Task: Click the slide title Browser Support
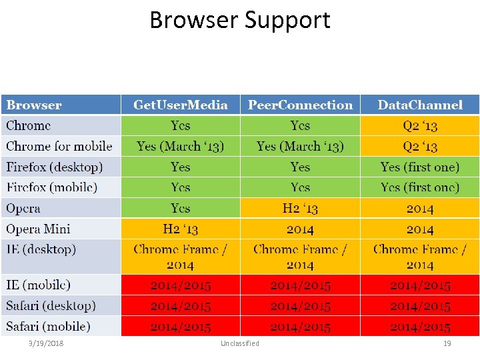[240, 20]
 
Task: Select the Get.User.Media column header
[180, 105]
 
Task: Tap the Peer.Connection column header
[300, 105]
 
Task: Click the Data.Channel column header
[420, 105]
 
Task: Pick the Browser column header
[34, 105]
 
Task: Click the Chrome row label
[29, 125]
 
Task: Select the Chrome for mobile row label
[59, 146]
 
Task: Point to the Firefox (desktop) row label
[55, 167]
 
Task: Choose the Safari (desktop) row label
[51, 306]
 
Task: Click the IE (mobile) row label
[38, 285]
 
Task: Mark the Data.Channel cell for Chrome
[420, 125]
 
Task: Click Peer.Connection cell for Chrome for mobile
[300, 146]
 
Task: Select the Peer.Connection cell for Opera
[300, 208]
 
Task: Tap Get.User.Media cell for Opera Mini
[180, 229]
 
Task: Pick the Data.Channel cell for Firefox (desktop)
[420, 167]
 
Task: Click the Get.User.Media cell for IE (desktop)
[180, 257]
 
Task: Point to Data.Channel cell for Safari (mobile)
[420, 327]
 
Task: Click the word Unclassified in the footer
[240, 343]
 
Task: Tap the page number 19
[447, 343]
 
